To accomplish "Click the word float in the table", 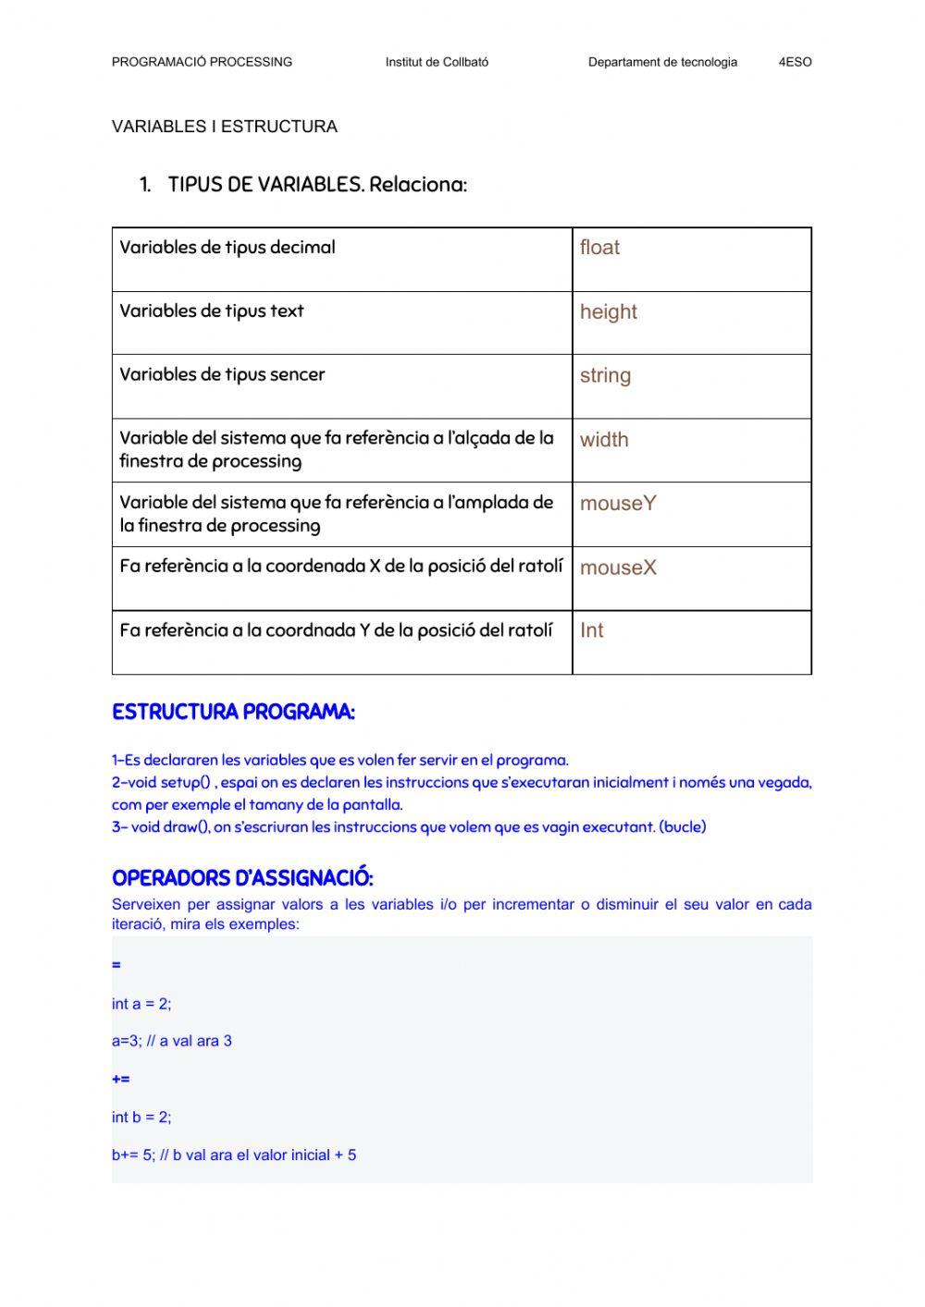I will point(599,248).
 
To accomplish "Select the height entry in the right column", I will point(608,312).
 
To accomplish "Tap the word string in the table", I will point(605,376).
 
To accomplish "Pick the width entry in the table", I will point(604,440).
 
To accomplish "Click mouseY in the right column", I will point(618,504).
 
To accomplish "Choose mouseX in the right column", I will point(618,568).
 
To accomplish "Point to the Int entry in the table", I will point(591,630).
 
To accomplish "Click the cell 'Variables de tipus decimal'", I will point(228,248).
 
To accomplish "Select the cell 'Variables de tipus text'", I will point(212,311).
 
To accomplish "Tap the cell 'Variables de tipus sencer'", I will point(222,375).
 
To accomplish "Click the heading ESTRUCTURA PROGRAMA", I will point(233,713).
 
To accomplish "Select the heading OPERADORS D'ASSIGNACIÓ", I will point(242,878).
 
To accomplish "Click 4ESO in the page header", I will point(795,62).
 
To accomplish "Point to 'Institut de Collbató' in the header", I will point(437,62).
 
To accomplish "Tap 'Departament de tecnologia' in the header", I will point(662,62).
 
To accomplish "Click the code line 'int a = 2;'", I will point(142,1004).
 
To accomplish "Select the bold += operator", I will point(120,1079).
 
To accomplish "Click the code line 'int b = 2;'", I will point(142,1118).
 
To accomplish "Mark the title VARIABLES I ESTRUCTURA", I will point(225,127).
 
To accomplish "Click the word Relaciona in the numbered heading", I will point(417,185).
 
